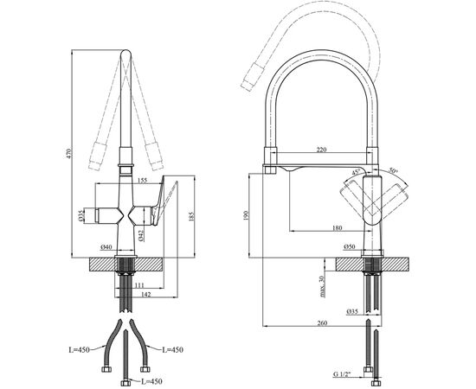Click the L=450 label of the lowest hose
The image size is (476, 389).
coord(151,381)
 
